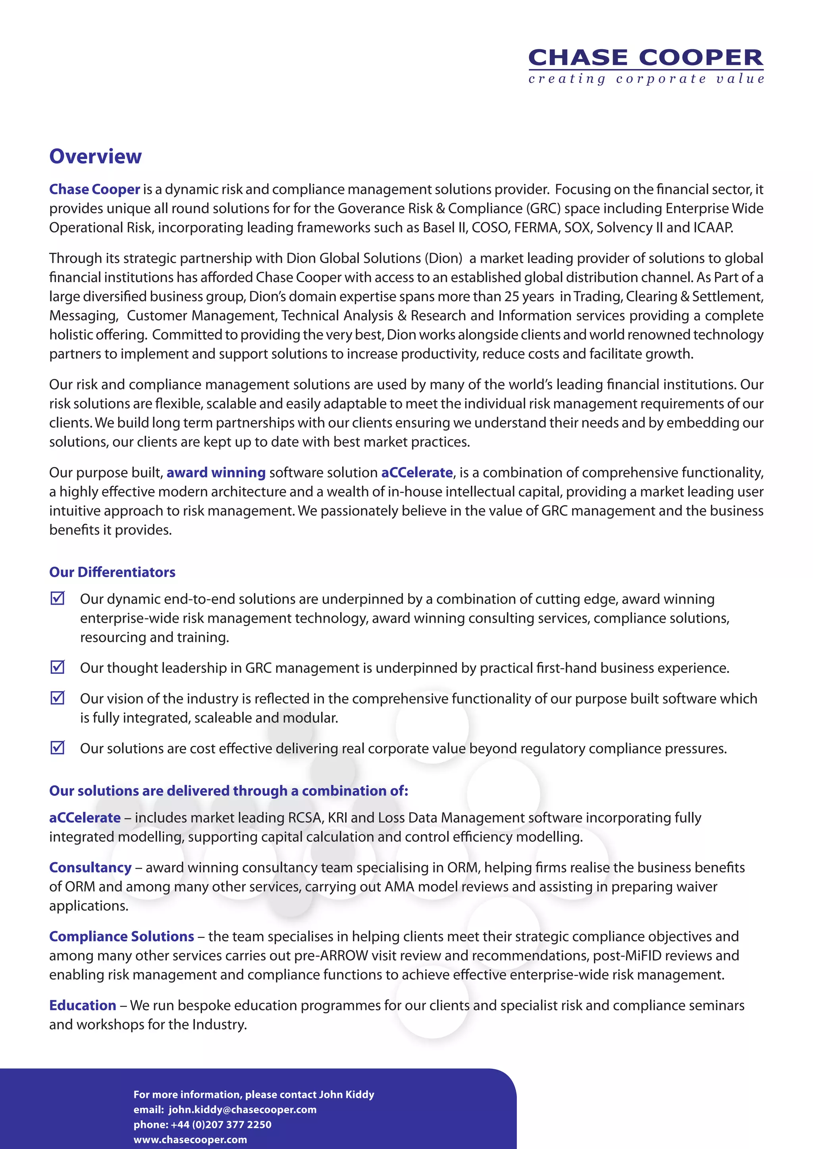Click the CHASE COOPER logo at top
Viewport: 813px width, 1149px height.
pos(645,58)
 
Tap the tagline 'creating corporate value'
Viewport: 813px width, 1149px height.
pos(646,79)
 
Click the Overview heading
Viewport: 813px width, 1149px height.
pos(95,156)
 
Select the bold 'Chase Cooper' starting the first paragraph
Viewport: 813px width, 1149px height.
pos(94,189)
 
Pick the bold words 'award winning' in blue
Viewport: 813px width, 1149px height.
pos(216,473)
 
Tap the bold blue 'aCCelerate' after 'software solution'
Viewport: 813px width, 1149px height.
pos(416,473)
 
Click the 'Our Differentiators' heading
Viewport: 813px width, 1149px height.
pos(112,572)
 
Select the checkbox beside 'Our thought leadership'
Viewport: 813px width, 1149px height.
pos(58,667)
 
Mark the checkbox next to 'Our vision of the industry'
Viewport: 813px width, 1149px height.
pos(58,697)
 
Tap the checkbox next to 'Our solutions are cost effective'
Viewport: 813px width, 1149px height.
pos(58,747)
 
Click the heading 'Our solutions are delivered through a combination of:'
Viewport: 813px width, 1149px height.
pos(228,791)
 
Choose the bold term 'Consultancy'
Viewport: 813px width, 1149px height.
pos(90,867)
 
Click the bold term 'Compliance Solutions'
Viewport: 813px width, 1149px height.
pos(121,936)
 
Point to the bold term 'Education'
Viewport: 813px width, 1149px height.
pos(83,1005)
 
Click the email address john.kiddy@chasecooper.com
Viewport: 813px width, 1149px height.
pos(242,1109)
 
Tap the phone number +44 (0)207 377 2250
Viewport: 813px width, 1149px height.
pos(221,1124)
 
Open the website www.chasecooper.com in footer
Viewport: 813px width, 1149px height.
pos(190,1139)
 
